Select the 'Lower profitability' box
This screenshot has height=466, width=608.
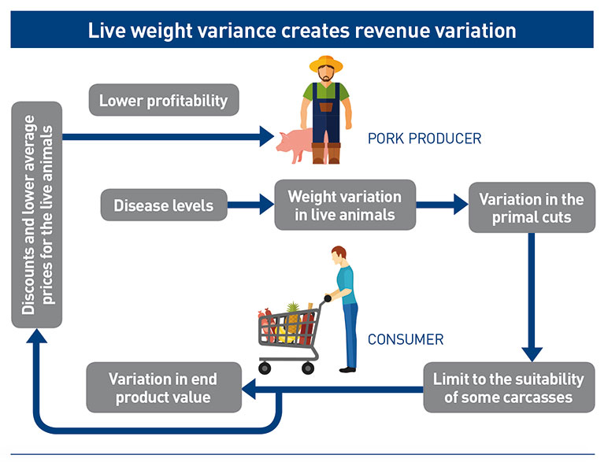tap(163, 101)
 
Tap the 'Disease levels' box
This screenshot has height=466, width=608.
tap(163, 206)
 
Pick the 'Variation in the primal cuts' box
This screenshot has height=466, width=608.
tap(531, 209)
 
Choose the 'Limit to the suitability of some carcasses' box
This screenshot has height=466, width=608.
tap(508, 387)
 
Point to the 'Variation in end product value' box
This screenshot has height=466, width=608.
tap(163, 387)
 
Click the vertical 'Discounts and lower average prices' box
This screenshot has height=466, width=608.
tap(36, 215)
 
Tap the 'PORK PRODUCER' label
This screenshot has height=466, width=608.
tap(424, 139)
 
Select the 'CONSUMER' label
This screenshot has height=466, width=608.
tap(406, 340)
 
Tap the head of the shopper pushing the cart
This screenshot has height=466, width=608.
tap(338, 256)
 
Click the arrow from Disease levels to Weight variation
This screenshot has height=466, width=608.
tap(250, 207)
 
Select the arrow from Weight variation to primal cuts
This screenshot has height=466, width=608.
tap(442, 207)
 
